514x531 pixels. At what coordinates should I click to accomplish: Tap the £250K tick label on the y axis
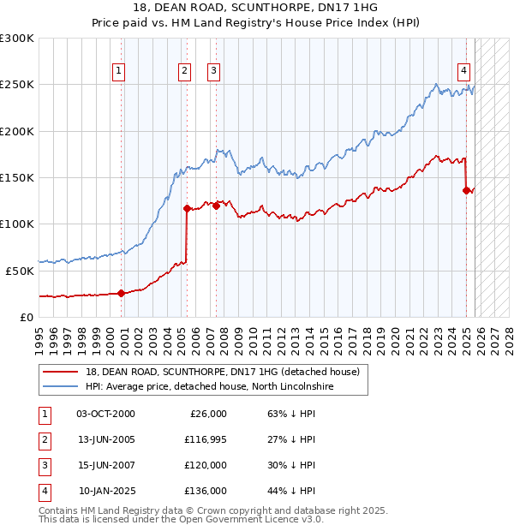click(17, 85)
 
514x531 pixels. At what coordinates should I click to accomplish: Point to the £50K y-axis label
click(20, 271)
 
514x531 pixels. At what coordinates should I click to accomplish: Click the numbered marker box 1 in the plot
click(118, 71)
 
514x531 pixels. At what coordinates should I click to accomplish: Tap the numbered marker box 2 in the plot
click(184, 71)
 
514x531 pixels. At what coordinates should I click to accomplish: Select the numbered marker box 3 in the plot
click(213, 71)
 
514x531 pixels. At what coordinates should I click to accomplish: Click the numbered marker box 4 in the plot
click(463, 71)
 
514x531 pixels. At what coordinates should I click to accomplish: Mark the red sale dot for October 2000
click(121, 293)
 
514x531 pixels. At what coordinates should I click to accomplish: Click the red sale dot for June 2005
click(186, 207)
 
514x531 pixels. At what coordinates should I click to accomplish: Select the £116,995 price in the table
click(204, 439)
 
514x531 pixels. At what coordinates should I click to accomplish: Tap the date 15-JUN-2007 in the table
click(105, 465)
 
